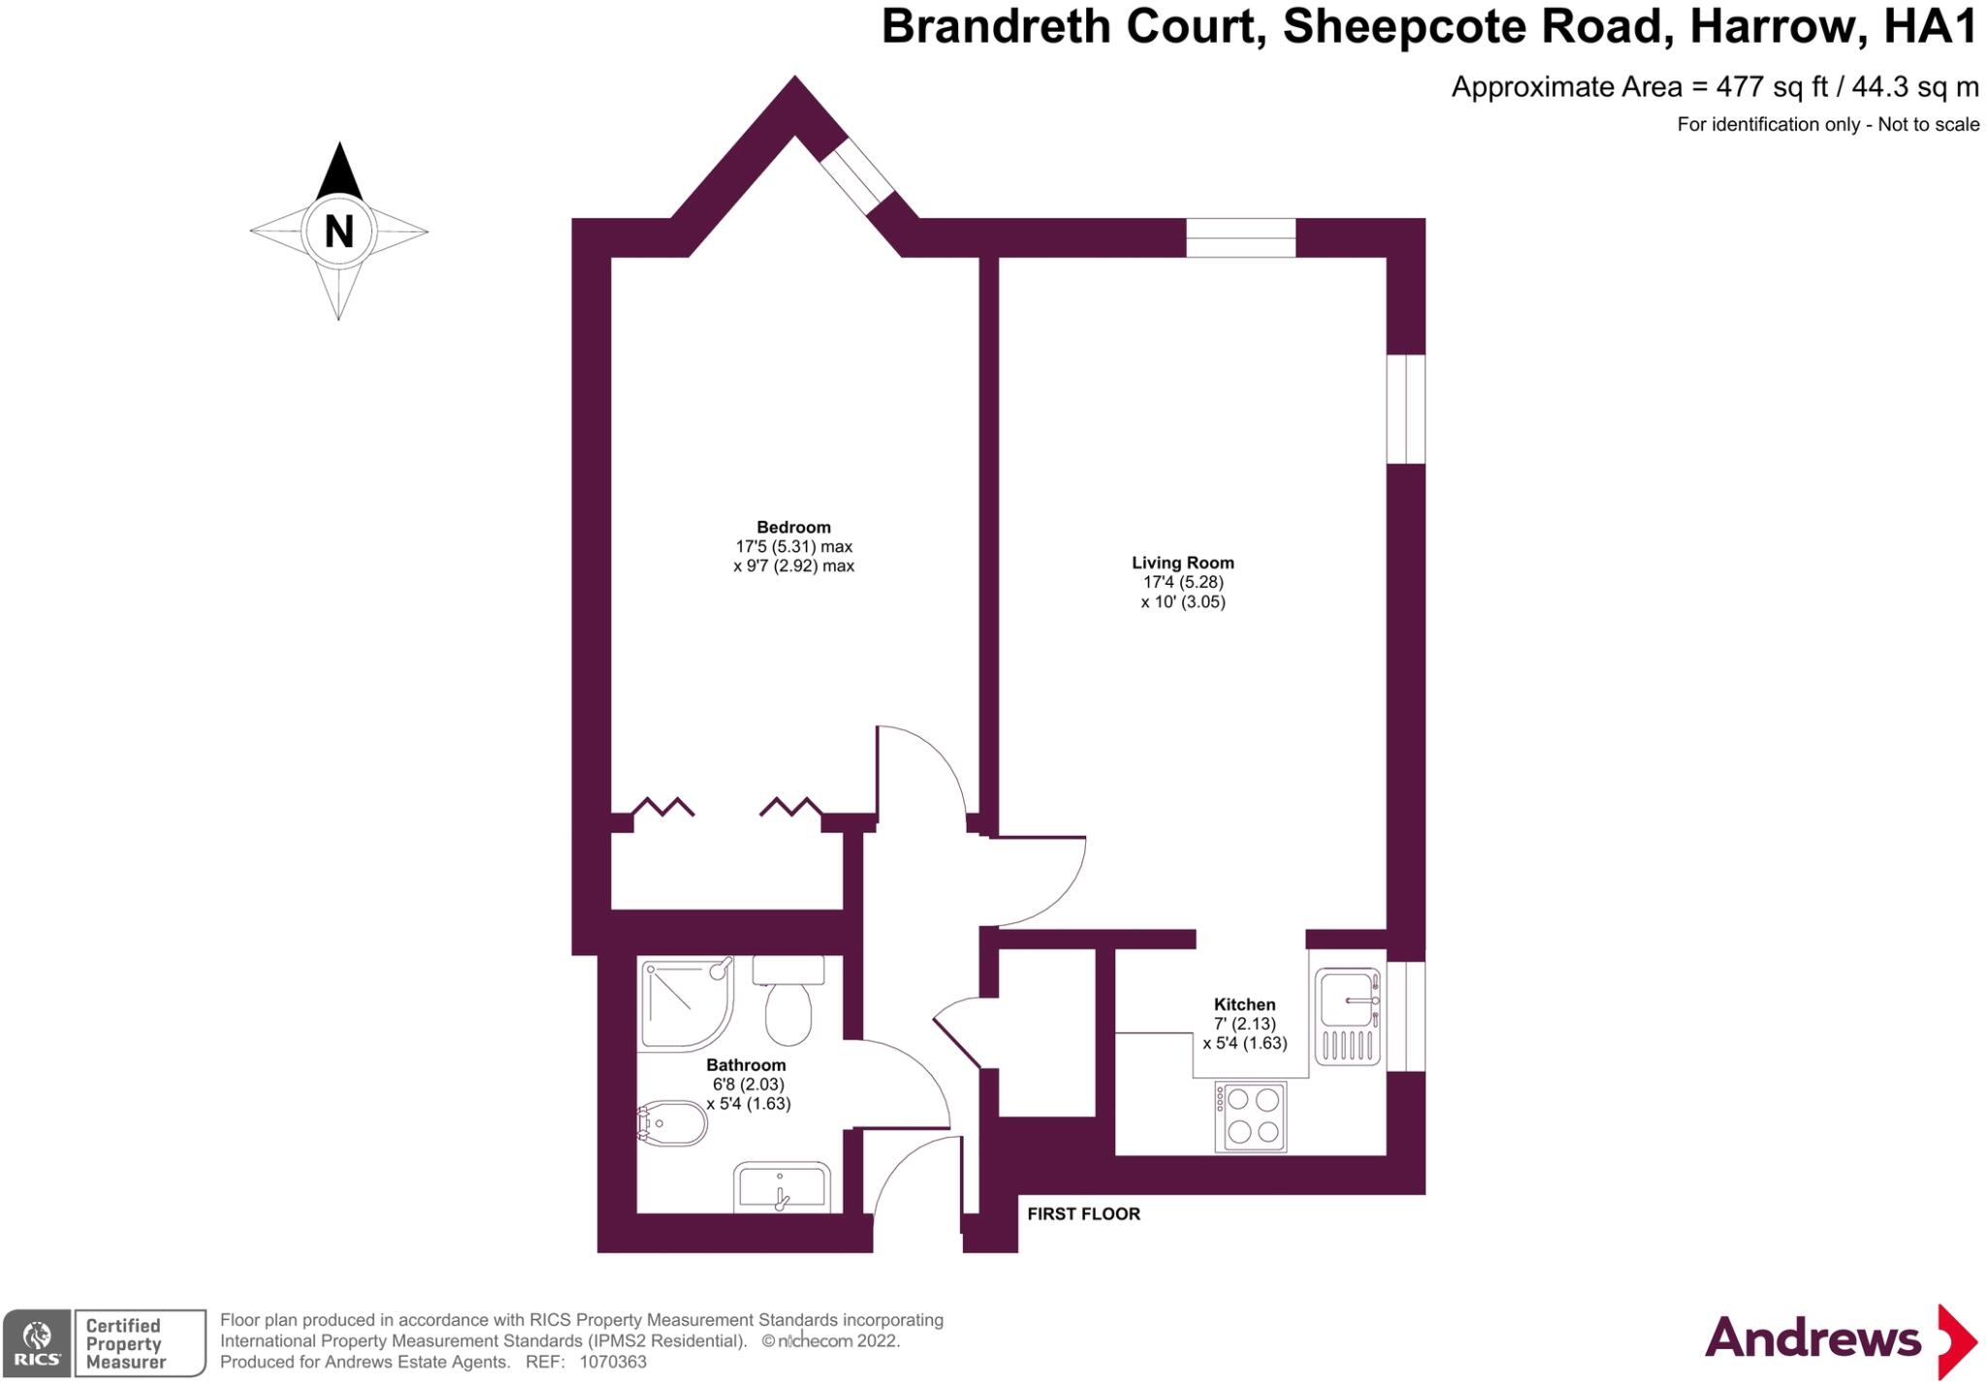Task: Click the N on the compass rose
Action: (x=338, y=232)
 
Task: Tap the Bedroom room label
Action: (x=793, y=528)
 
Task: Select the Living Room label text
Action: (x=1182, y=563)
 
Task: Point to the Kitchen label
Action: (x=1244, y=1005)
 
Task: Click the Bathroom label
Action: (x=746, y=1065)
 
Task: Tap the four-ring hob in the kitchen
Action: (x=1251, y=1116)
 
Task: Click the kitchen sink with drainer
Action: (x=1347, y=1016)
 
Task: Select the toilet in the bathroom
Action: (x=788, y=1004)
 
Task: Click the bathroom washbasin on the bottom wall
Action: (x=782, y=1188)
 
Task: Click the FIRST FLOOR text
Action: (x=1083, y=1214)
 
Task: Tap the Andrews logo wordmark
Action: (x=1812, y=1339)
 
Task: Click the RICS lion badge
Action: (x=37, y=1343)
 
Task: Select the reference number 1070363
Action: (x=613, y=1362)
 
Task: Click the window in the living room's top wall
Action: (x=1240, y=238)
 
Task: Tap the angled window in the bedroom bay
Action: (x=856, y=175)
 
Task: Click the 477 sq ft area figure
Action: (x=1772, y=87)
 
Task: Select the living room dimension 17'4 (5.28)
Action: (x=1183, y=583)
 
